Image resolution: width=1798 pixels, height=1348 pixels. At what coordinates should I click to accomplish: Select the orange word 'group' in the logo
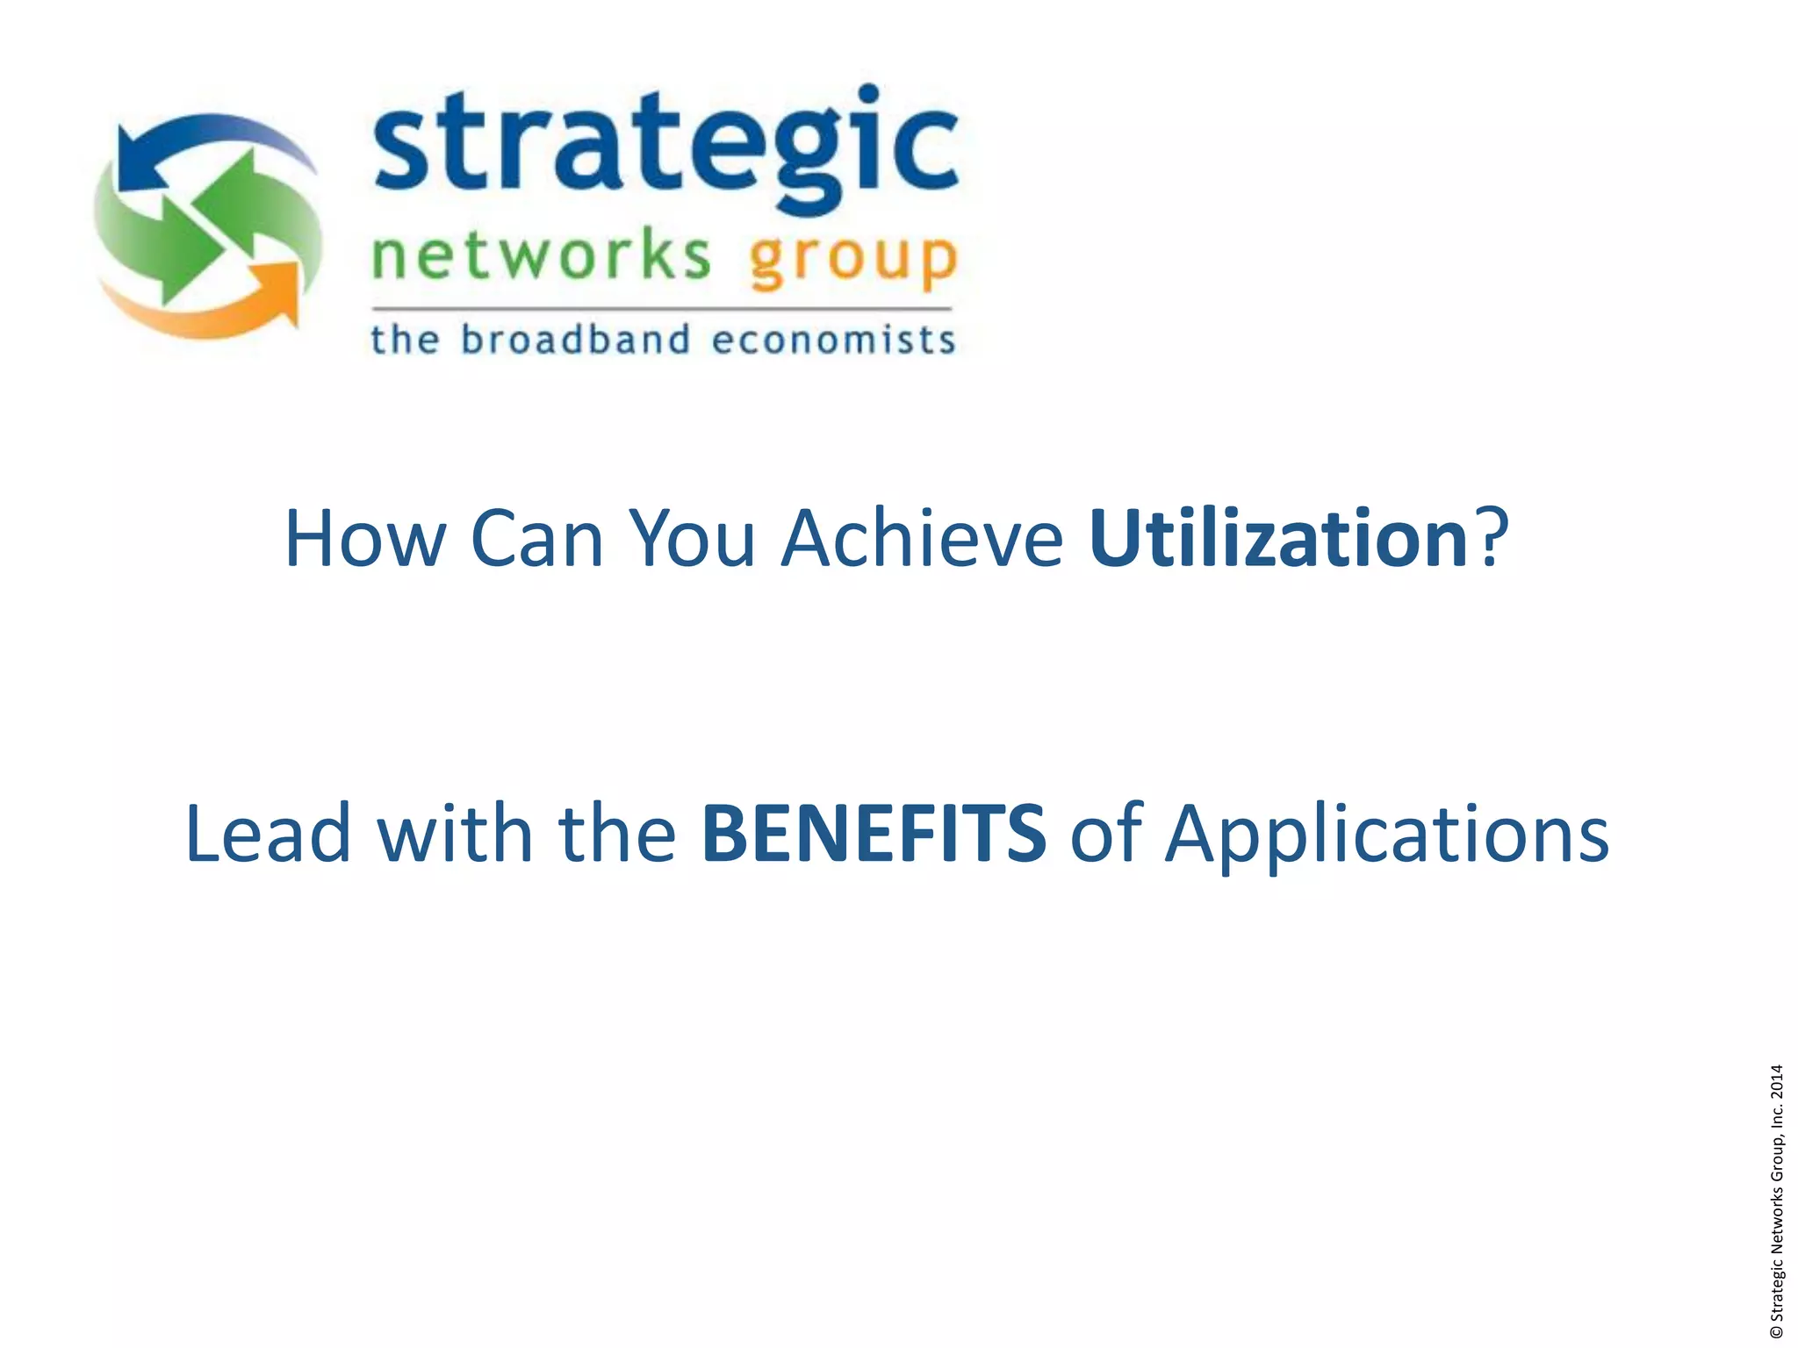[x=852, y=260]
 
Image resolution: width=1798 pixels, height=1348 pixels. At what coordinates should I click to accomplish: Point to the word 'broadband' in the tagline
[x=575, y=340]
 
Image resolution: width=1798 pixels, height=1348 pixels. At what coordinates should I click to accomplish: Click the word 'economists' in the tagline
[x=832, y=340]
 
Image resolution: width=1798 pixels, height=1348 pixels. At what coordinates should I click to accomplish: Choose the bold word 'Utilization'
[x=1277, y=538]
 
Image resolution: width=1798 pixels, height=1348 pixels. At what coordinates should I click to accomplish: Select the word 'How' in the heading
[x=365, y=538]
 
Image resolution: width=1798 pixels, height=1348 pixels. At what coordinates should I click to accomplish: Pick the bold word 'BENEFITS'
[x=874, y=832]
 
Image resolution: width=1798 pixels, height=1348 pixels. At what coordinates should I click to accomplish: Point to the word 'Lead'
[x=269, y=832]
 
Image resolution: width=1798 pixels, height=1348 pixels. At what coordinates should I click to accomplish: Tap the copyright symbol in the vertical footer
[x=1777, y=1332]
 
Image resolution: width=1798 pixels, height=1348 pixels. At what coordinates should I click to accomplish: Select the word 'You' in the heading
[x=693, y=538]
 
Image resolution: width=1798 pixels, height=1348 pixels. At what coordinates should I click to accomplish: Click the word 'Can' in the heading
[x=537, y=538]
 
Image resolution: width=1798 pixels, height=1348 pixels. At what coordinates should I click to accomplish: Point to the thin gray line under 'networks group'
[x=662, y=309]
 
